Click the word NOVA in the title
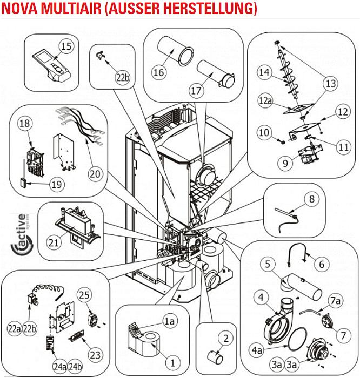click(21, 9)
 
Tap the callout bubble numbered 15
click(66, 47)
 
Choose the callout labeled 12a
click(265, 101)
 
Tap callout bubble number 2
click(225, 338)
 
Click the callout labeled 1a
click(171, 321)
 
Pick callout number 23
click(95, 355)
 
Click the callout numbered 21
click(53, 244)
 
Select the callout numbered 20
click(95, 174)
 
